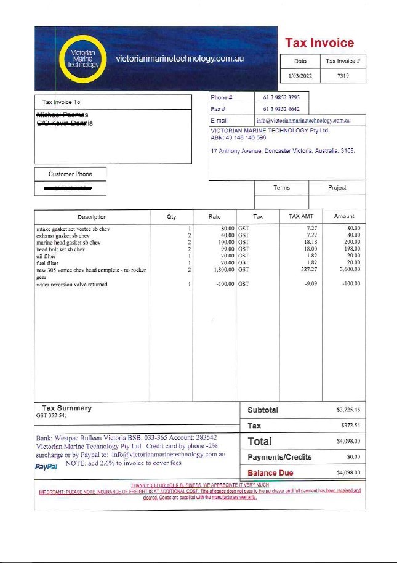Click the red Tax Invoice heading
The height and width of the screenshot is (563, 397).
(319, 43)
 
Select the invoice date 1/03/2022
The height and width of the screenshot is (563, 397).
(300, 75)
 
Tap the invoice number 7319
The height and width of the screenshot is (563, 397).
(343, 75)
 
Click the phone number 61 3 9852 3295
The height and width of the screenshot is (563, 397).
(281, 97)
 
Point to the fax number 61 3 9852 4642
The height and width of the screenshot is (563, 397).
(281, 109)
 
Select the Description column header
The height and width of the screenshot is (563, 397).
(92, 217)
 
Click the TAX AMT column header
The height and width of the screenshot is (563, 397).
(301, 217)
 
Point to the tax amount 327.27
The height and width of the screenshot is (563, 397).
(308, 269)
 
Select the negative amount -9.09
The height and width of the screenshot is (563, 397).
(310, 285)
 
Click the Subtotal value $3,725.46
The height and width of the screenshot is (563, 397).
(348, 410)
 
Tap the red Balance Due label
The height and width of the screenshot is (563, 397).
(270, 473)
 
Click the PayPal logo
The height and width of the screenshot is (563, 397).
(47, 466)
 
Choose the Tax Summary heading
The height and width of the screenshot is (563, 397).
(66, 408)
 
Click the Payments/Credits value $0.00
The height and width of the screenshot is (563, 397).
(353, 457)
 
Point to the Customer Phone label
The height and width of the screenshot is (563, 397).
(70, 174)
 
